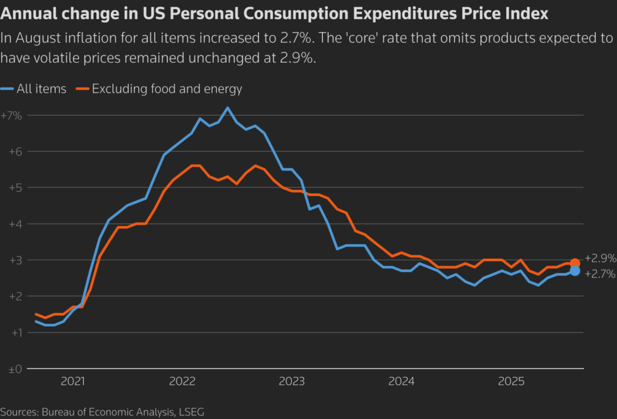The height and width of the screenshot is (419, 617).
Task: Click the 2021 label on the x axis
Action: pyautogui.click(x=72, y=381)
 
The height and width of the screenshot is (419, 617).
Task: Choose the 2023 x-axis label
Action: pyautogui.click(x=292, y=381)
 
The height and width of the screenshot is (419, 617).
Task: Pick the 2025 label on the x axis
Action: pyautogui.click(x=511, y=381)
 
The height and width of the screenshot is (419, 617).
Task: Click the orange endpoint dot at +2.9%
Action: pyautogui.click(x=575, y=263)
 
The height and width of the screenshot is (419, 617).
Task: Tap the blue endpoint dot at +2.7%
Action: pyautogui.click(x=575, y=271)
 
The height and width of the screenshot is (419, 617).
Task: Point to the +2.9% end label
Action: pyautogui.click(x=600, y=259)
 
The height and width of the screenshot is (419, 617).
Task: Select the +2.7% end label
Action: pyautogui.click(x=600, y=274)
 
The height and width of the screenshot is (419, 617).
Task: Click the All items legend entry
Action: pyautogui.click(x=41, y=89)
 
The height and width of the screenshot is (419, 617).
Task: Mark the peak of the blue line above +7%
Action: pyautogui.click(x=228, y=108)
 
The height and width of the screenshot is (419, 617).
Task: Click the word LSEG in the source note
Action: pyautogui.click(x=191, y=412)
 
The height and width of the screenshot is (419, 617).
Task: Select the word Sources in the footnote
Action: pyautogui.click(x=19, y=412)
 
